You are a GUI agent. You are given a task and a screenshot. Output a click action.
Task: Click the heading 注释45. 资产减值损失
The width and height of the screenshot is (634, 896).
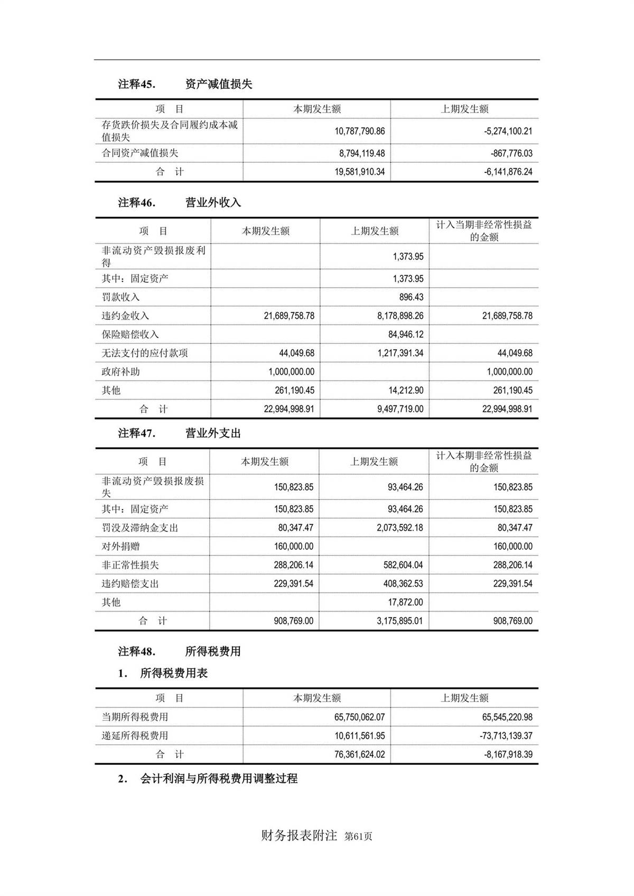[185, 84]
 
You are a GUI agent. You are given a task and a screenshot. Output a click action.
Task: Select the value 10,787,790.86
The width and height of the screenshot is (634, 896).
[359, 131]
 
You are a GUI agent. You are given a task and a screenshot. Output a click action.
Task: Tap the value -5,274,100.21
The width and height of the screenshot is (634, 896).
[508, 131]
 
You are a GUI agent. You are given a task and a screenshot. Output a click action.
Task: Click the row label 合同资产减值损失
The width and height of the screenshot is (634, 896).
[140, 153]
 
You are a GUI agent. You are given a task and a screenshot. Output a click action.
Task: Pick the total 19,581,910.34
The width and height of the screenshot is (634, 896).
[359, 172]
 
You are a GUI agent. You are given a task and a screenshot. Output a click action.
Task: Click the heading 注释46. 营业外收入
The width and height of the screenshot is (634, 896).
[179, 202]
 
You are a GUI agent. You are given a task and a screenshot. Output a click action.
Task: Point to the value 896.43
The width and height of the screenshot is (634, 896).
[411, 297]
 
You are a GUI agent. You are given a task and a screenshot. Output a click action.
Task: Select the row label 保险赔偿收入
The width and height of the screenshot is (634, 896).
[130, 335]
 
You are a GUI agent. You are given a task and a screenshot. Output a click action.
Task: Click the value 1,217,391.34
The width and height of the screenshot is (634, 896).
[400, 353]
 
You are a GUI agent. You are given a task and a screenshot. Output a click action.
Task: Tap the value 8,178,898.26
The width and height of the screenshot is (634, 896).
[400, 316]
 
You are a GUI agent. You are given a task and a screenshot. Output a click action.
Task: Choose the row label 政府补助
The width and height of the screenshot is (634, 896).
[120, 372]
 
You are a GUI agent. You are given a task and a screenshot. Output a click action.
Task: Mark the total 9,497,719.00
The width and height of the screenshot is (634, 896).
[400, 409]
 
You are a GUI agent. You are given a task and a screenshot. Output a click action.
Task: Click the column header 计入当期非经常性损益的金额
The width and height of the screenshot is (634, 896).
[483, 231]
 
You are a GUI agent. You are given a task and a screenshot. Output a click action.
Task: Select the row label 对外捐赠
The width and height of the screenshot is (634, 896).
[120, 547]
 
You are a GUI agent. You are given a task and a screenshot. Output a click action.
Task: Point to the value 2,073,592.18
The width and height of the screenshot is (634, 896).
[399, 528]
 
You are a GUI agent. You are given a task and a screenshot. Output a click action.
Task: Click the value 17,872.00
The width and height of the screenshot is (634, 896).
[405, 603]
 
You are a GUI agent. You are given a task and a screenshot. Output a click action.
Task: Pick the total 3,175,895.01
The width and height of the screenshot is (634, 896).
[399, 621]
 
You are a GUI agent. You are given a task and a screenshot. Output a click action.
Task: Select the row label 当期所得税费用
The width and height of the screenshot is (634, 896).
[135, 717]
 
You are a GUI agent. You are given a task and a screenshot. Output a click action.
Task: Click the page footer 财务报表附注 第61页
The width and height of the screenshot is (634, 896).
[316, 836]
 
